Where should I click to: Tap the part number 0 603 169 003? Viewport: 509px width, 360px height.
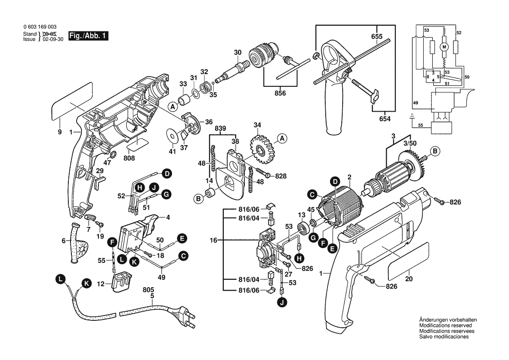[x=40, y=27]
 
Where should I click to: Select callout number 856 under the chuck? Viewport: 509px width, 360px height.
[x=280, y=93]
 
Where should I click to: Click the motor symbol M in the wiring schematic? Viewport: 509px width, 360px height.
[x=445, y=46]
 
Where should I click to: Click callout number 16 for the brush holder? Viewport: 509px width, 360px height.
[x=213, y=240]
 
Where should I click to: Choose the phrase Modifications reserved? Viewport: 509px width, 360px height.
[x=445, y=325]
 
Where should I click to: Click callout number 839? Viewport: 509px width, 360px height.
[x=221, y=129]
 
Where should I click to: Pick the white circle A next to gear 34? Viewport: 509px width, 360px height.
[x=282, y=139]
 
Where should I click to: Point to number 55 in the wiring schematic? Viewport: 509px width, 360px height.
[x=420, y=126]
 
